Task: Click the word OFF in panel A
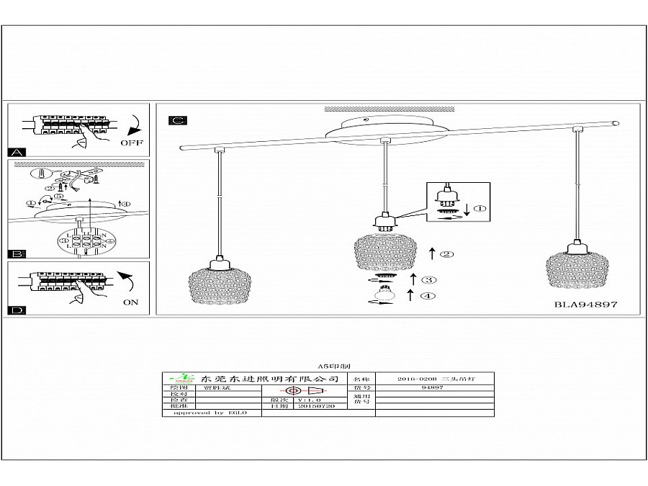(132, 143)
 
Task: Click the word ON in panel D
(130, 302)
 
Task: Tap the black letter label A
(17, 153)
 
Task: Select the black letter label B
(17, 254)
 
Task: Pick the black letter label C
(177, 120)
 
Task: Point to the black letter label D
(17, 310)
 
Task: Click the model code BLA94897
(585, 305)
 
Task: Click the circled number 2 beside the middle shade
(447, 254)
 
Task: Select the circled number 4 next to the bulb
(429, 294)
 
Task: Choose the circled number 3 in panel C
(429, 279)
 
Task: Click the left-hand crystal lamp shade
(215, 285)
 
